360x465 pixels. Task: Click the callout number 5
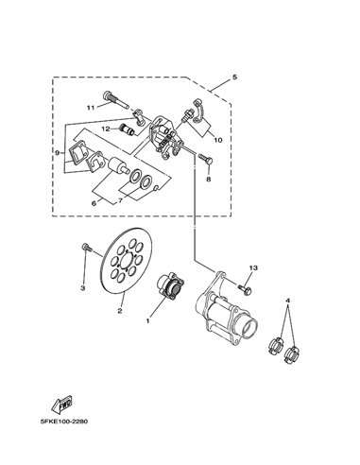coord(234,77)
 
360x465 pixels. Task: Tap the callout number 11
coord(91,108)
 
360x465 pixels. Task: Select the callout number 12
coord(106,129)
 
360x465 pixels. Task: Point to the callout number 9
coord(57,153)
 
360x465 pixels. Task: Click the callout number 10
coord(218,140)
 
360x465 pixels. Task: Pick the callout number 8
coord(208,179)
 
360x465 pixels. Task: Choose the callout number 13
coord(253,267)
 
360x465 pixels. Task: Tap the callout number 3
coord(83,288)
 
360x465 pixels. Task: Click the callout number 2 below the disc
coord(120,311)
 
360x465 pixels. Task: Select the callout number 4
coord(287,301)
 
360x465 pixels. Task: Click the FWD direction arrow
coord(62,404)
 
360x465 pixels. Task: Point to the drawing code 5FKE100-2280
coord(64,422)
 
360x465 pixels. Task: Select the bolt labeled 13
coord(245,288)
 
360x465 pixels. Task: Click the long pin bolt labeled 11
coord(115,100)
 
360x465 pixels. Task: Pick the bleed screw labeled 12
coord(128,130)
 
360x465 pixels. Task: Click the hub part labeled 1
coord(170,285)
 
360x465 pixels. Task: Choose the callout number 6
coord(94,203)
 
